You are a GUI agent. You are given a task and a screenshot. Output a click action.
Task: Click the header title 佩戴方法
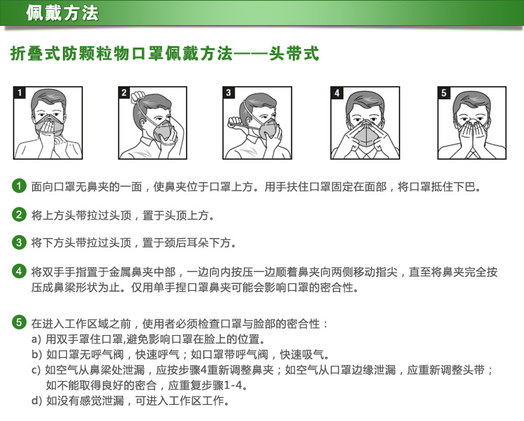(x=62, y=13)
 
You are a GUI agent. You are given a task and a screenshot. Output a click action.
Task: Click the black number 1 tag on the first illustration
(x=20, y=92)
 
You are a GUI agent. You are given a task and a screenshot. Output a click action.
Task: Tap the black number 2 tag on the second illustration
(x=124, y=92)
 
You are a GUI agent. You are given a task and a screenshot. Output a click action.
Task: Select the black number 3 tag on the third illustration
(x=228, y=92)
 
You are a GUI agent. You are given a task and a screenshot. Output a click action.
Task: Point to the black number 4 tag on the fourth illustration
(x=337, y=92)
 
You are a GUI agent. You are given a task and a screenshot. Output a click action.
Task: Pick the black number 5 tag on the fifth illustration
(x=444, y=92)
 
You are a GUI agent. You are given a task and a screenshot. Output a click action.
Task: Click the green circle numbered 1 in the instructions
(x=19, y=186)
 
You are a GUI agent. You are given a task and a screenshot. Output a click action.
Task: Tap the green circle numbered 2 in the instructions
(x=19, y=214)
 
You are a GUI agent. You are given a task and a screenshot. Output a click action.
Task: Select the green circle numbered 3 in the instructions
(x=19, y=242)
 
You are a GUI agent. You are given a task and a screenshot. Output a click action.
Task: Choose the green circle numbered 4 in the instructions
(x=19, y=271)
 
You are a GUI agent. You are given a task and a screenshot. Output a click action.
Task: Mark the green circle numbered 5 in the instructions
(x=19, y=322)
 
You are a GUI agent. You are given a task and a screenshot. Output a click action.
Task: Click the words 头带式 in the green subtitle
(x=293, y=54)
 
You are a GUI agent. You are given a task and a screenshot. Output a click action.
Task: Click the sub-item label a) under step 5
(x=36, y=339)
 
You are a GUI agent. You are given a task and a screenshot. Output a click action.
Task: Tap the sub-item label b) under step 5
(x=36, y=355)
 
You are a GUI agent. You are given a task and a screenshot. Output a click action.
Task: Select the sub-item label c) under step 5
(x=36, y=370)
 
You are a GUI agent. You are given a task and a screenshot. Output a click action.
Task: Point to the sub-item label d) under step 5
(x=36, y=400)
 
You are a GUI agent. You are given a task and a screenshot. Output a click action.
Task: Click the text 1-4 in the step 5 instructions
(x=233, y=385)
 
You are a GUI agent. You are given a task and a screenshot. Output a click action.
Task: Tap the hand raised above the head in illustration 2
(x=138, y=97)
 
